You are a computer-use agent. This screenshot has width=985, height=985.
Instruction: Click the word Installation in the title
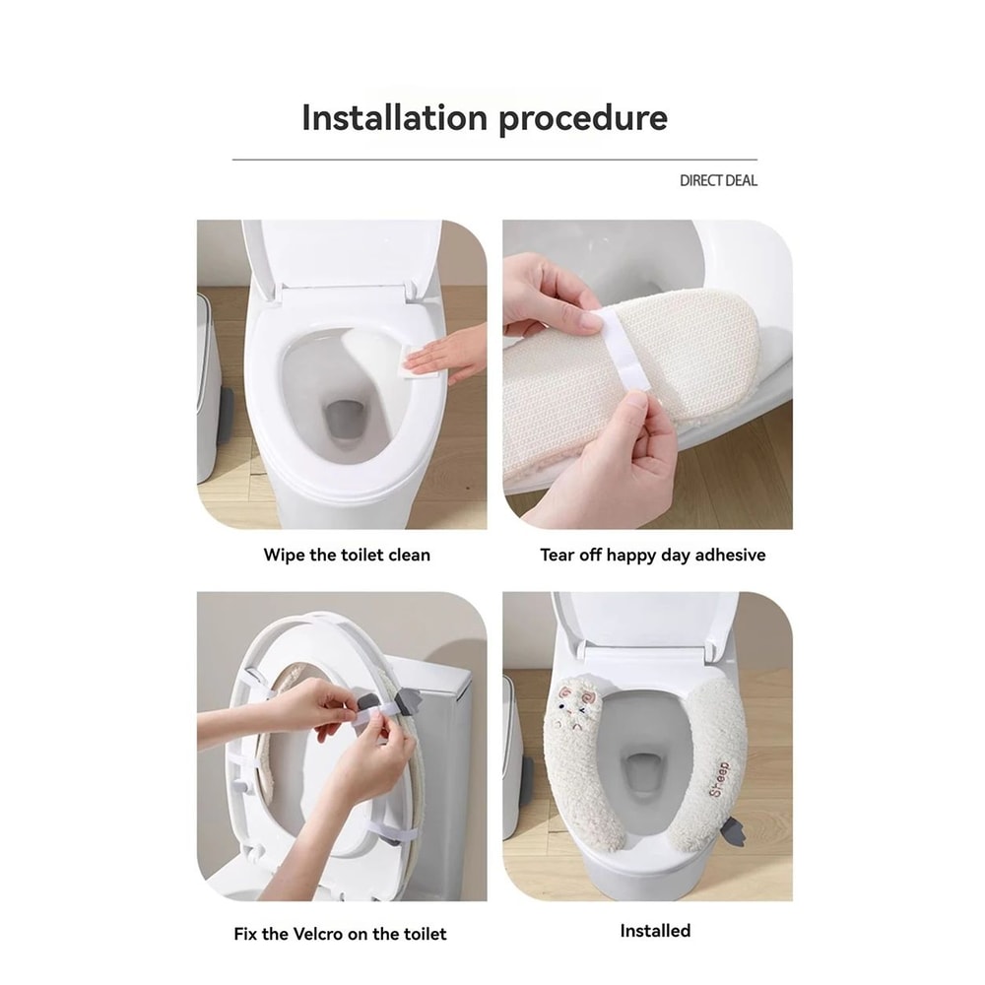(x=394, y=118)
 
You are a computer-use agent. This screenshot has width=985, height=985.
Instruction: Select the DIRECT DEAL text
(x=718, y=180)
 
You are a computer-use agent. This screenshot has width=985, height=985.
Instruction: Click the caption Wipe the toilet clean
(x=347, y=555)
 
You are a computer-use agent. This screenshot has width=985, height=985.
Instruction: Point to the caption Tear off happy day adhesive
(x=652, y=555)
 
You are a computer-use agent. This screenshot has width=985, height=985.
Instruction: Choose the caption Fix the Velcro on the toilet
(x=340, y=933)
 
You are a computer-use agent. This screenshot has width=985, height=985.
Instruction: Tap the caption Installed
(x=655, y=930)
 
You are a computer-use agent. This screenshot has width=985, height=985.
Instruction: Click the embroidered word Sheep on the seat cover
(x=717, y=778)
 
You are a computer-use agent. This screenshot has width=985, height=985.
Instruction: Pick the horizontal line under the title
(x=494, y=160)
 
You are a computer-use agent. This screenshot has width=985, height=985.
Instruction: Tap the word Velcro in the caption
(x=334, y=933)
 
